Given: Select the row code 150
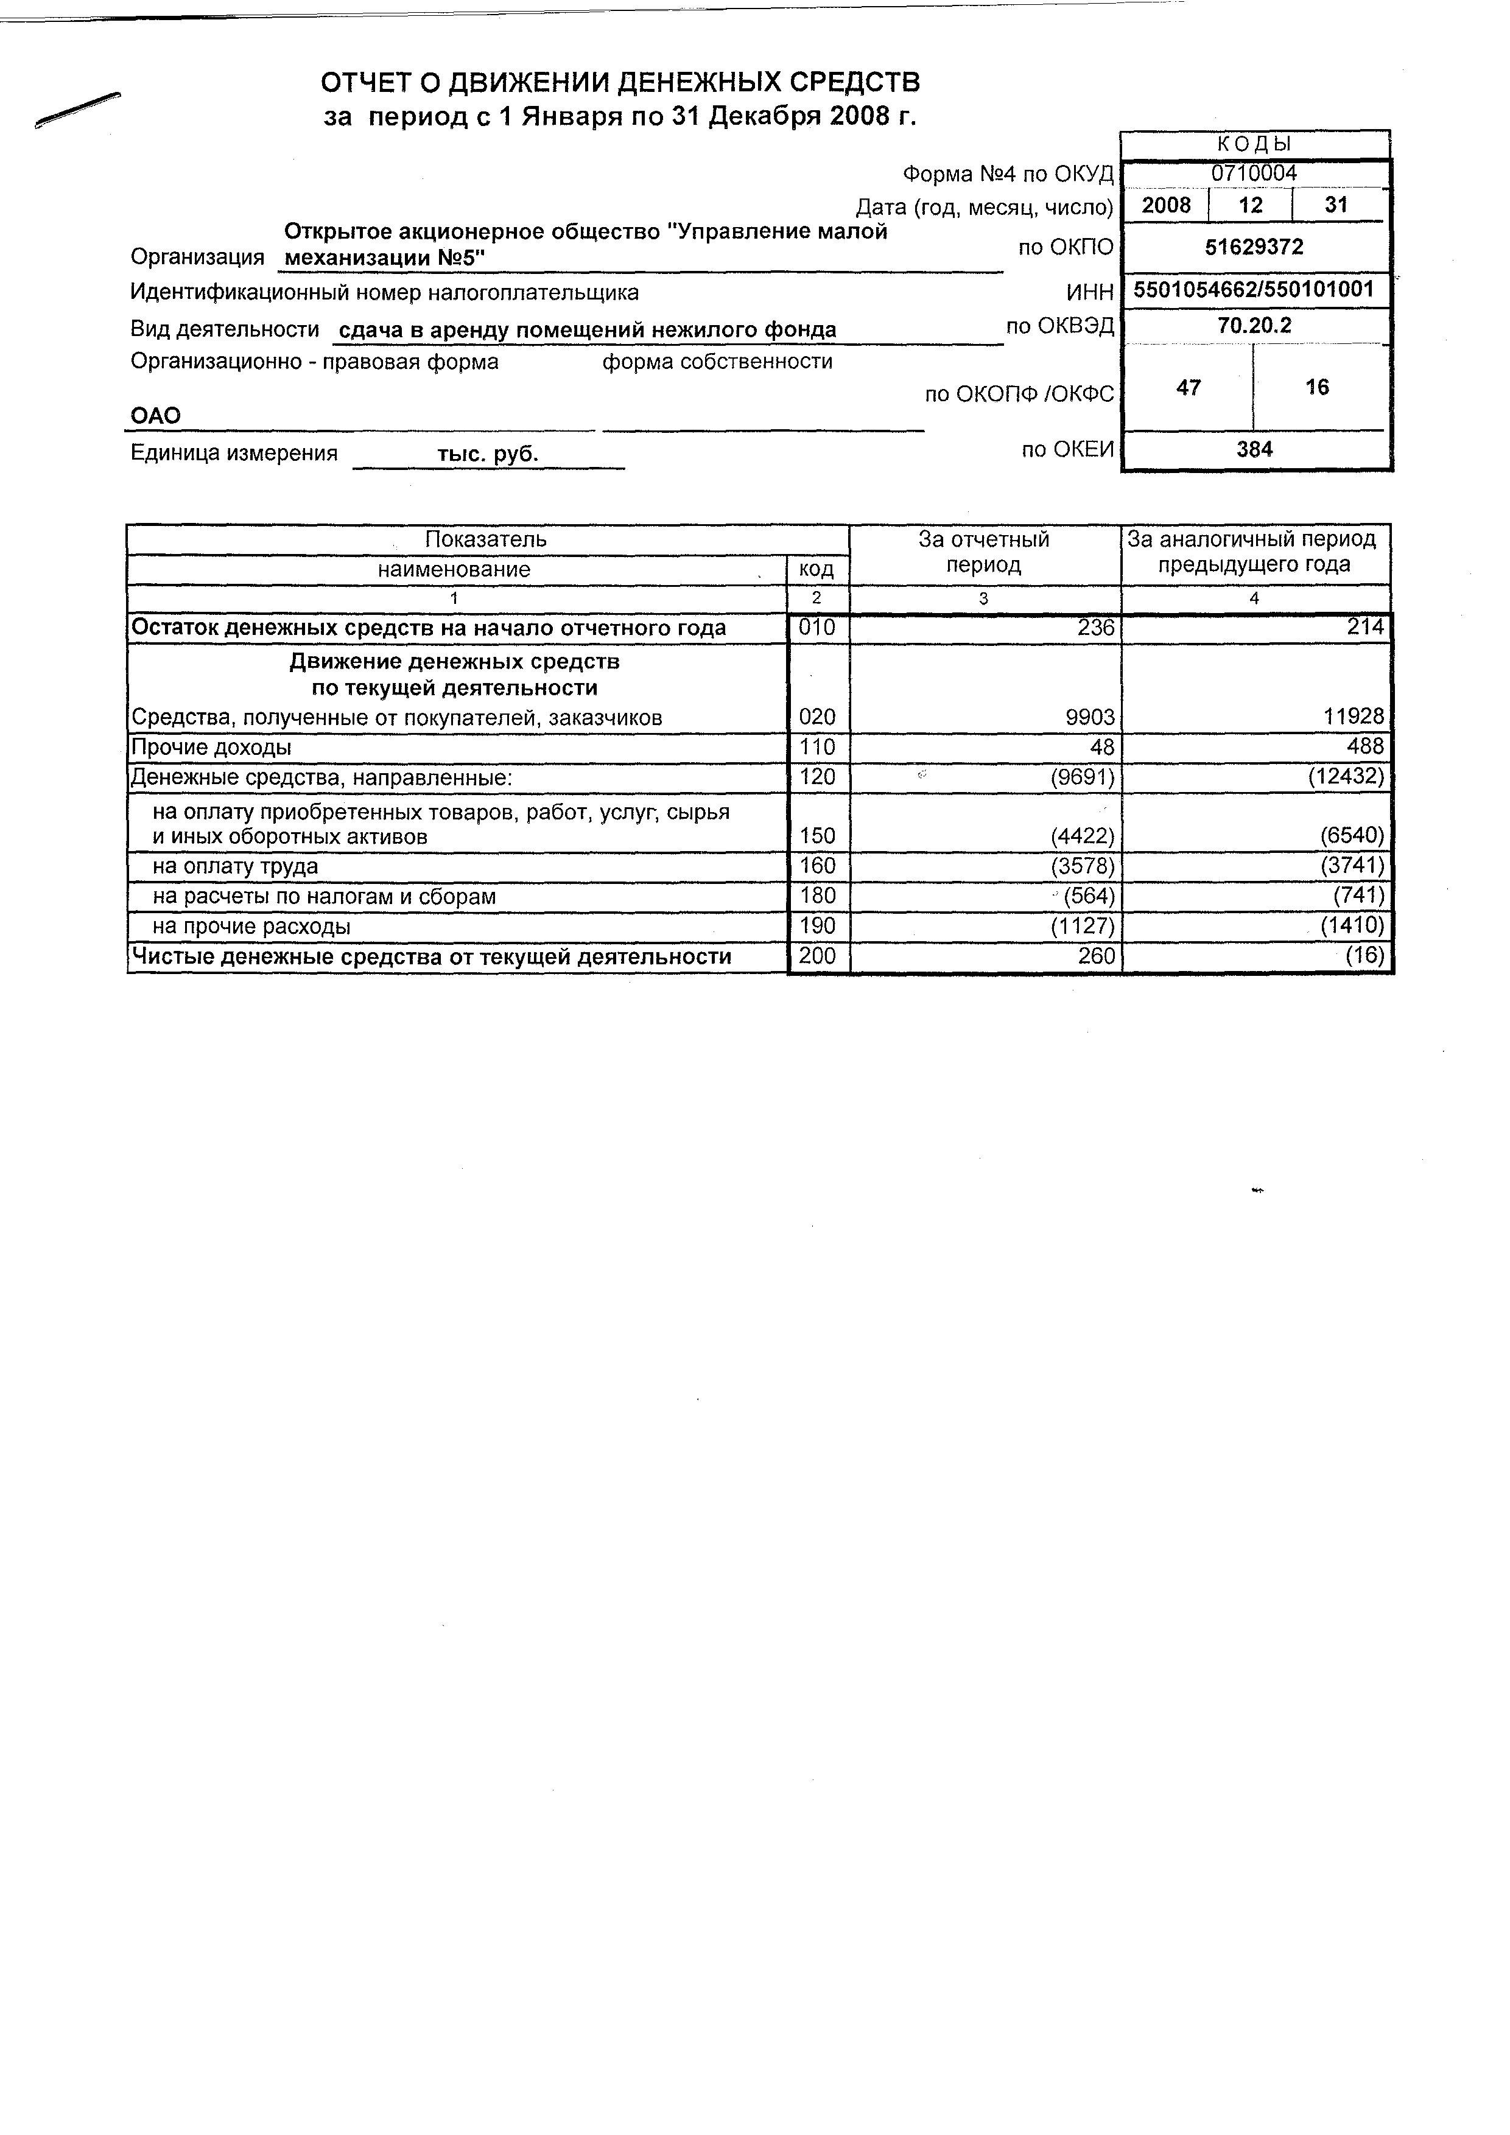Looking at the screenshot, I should coord(817,836).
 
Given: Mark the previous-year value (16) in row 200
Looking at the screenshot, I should coord(1364,956).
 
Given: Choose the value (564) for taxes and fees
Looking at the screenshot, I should coord(1088,896).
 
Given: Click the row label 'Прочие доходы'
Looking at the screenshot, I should coord(211,748).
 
